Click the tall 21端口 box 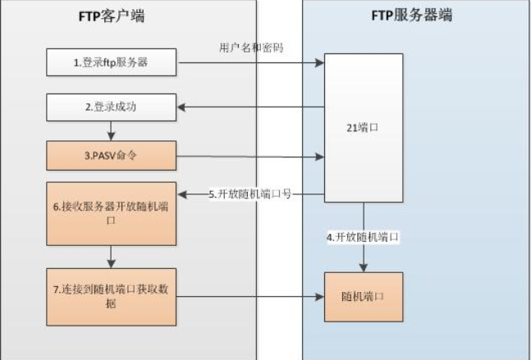(364, 127)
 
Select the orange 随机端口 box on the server (364, 296)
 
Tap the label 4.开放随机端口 (363, 237)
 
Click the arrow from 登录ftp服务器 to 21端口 (250, 62)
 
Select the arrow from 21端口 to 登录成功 (250, 106)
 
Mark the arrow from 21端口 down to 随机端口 (364, 254)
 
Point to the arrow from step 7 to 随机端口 (250, 296)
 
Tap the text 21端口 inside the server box (363, 128)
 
